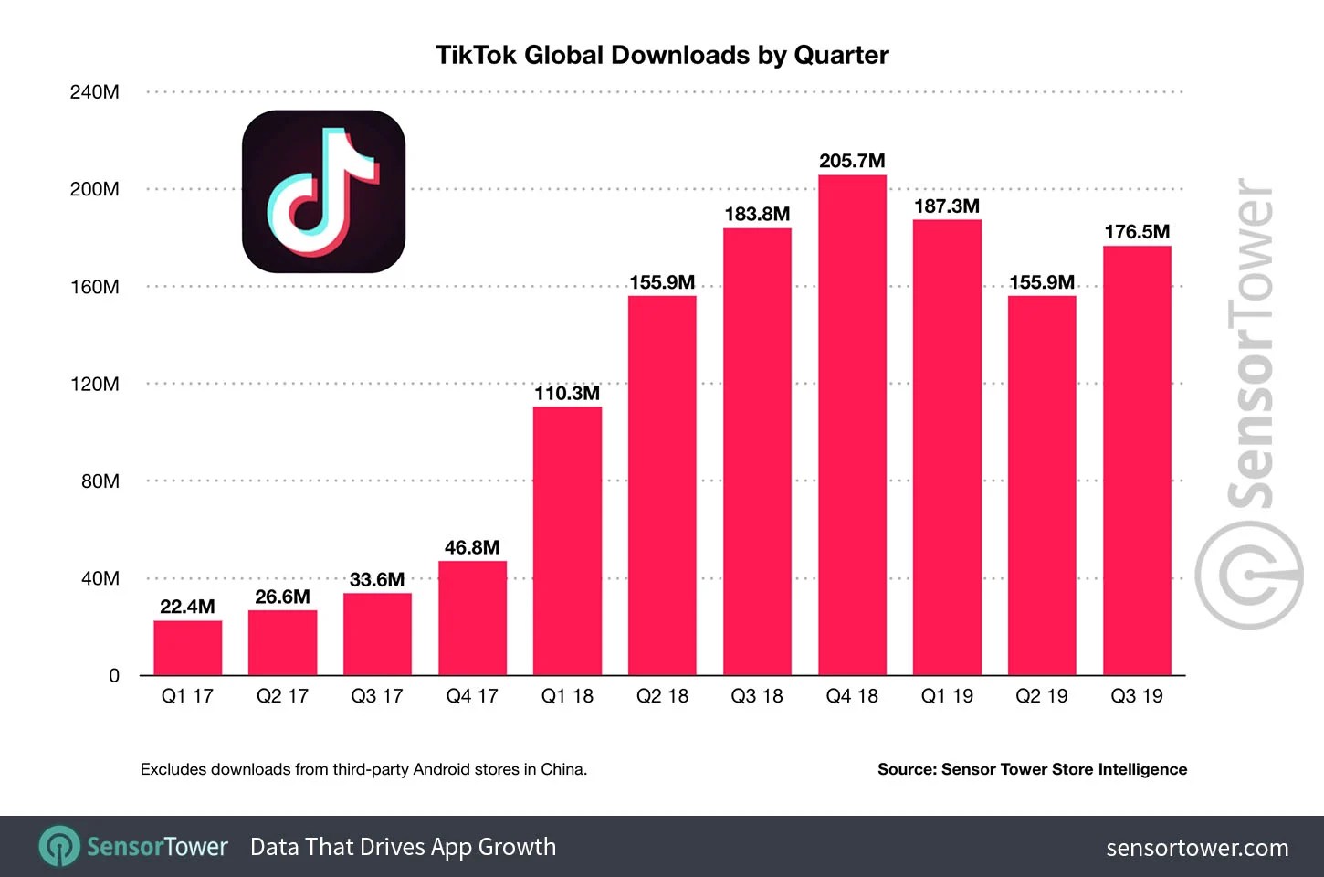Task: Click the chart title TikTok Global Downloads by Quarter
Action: click(662, 55)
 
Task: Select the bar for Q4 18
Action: click(852, 425)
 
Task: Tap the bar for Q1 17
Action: click(187, 648)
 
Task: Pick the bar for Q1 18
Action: click(567, 541)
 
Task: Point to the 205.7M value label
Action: click(852, 161)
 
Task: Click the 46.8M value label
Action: click(472, 547)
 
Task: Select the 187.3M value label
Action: click(947, 206)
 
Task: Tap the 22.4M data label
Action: click(187, 607)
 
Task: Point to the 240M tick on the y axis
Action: click(95, 92)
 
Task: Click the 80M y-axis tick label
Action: click(100, 481)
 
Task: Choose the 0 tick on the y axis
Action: click(114, 676)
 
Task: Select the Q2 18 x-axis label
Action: click(662, 696)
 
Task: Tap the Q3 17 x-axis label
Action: click(377, 696)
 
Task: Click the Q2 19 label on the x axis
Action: click(1042, 696)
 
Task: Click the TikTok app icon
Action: click(323, 192)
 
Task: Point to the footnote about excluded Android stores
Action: click(363, 769)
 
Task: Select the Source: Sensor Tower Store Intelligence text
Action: click(1032, 769)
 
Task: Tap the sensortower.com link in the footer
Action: click(1197, 848)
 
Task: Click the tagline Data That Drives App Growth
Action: click(403, 847)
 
